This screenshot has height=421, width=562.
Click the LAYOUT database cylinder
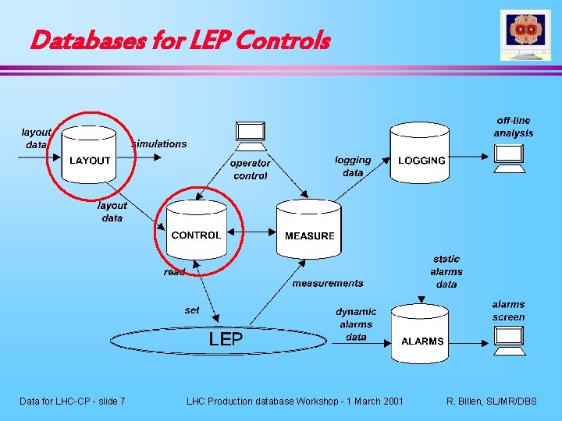90,160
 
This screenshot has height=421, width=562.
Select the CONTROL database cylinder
196,234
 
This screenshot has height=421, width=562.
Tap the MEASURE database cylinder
309,234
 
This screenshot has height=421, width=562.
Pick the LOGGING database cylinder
421,160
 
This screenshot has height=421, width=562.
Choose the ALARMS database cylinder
422,340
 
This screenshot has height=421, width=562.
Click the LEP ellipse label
226,339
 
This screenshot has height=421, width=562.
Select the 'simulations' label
159,143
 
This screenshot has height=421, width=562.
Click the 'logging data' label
353,166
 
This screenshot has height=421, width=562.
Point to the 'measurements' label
328,283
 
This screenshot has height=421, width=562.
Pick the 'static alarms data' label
446,271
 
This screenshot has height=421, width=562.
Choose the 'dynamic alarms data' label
356,324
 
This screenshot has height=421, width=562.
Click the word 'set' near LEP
192,310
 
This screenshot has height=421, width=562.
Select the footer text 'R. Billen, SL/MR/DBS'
492,401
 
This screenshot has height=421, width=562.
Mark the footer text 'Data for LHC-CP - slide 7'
73,401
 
